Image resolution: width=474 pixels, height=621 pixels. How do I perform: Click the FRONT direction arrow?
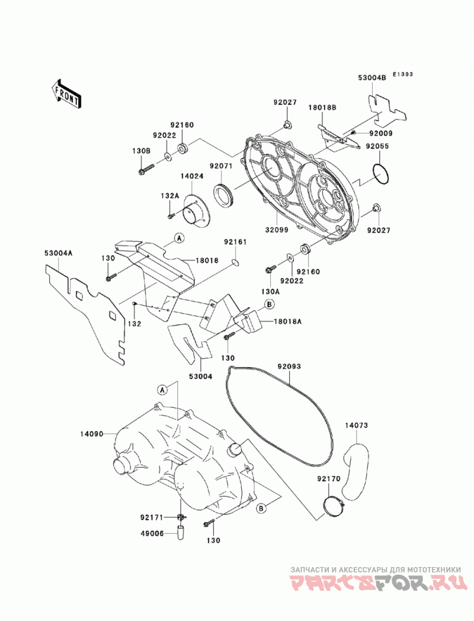click(x=66, y=95)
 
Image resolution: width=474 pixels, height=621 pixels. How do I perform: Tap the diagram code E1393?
click(x=403, y=74)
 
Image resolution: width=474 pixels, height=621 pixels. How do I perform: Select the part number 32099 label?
click(x=277, y=230)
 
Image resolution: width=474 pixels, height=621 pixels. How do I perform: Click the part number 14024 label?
click(x=193, y=176)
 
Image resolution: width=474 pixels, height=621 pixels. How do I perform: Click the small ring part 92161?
click(x=235, y=262)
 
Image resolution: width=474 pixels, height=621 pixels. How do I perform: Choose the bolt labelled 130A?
click(x=270, y=269)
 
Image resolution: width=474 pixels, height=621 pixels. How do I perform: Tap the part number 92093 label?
click(x=289, y=367)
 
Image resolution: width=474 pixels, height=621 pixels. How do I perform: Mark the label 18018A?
click(x=287, y=321)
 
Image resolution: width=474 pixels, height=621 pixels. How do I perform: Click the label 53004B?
click(x=372, y=78)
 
